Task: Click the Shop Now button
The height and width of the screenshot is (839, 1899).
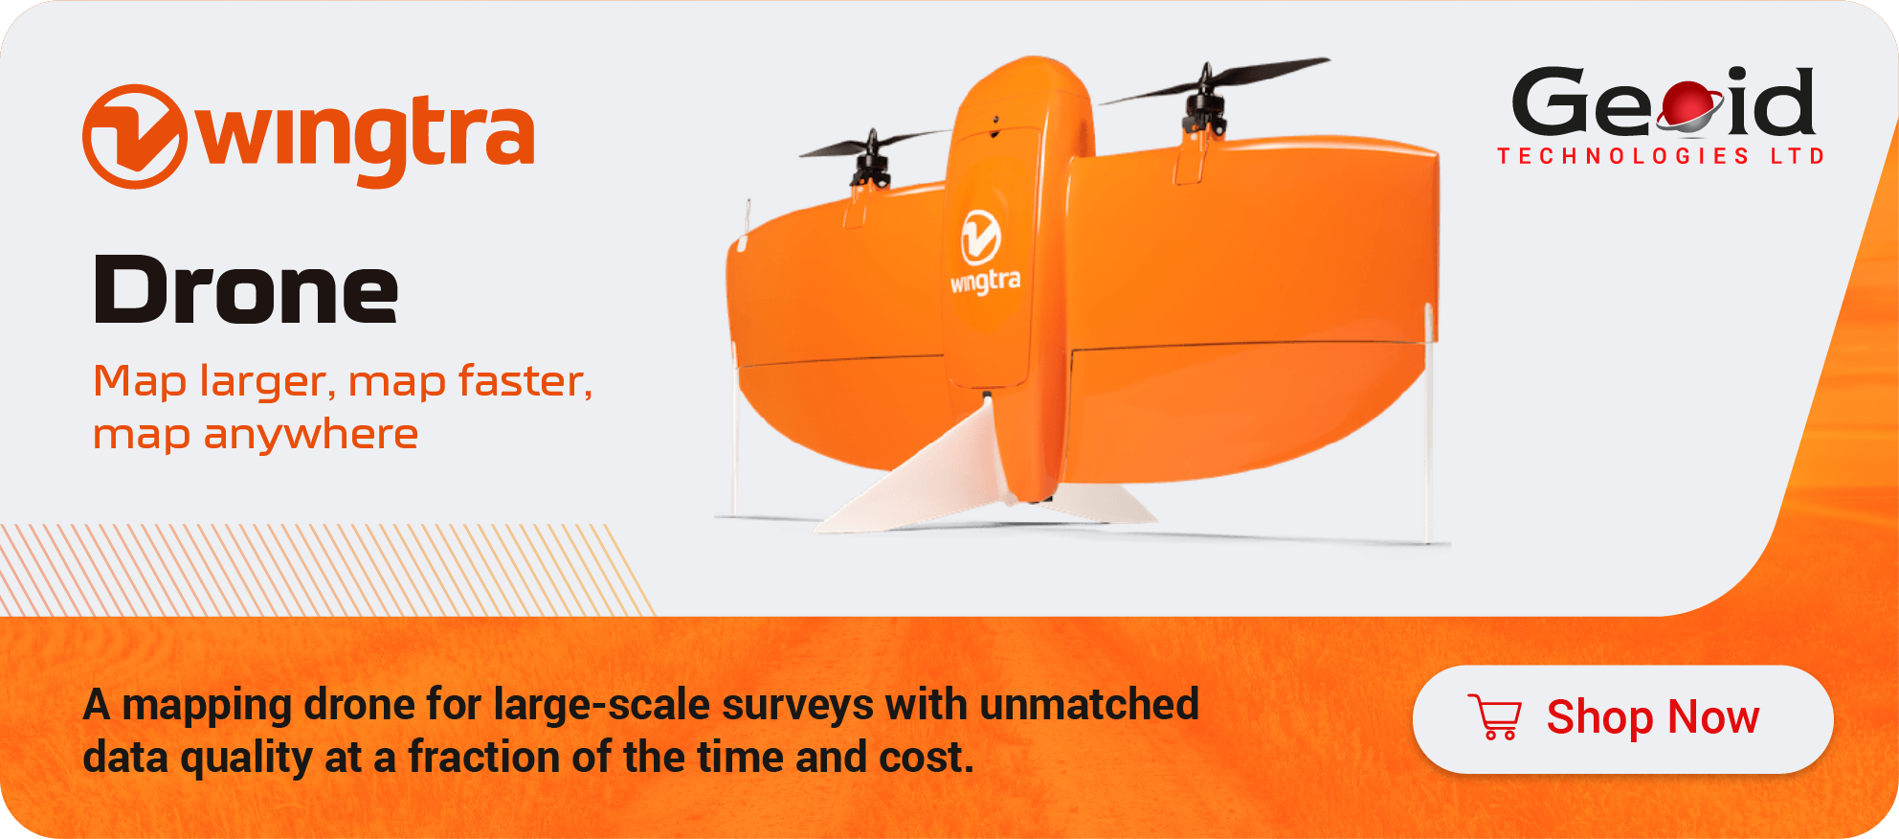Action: [1622, 719]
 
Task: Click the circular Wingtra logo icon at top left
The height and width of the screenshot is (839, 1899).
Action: [134, 136]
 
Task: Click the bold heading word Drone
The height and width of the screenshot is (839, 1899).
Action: [245, 290]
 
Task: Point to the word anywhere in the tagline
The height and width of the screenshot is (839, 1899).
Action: [310, 435]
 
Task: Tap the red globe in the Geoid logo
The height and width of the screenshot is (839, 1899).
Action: [1689, 105]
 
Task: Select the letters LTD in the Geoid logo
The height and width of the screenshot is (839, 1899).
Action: [1798, 156]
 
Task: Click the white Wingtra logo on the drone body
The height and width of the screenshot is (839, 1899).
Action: [983, 251]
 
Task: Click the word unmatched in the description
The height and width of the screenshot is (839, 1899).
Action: [1089, 704]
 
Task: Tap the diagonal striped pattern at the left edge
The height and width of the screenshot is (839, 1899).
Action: [325, 570]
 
